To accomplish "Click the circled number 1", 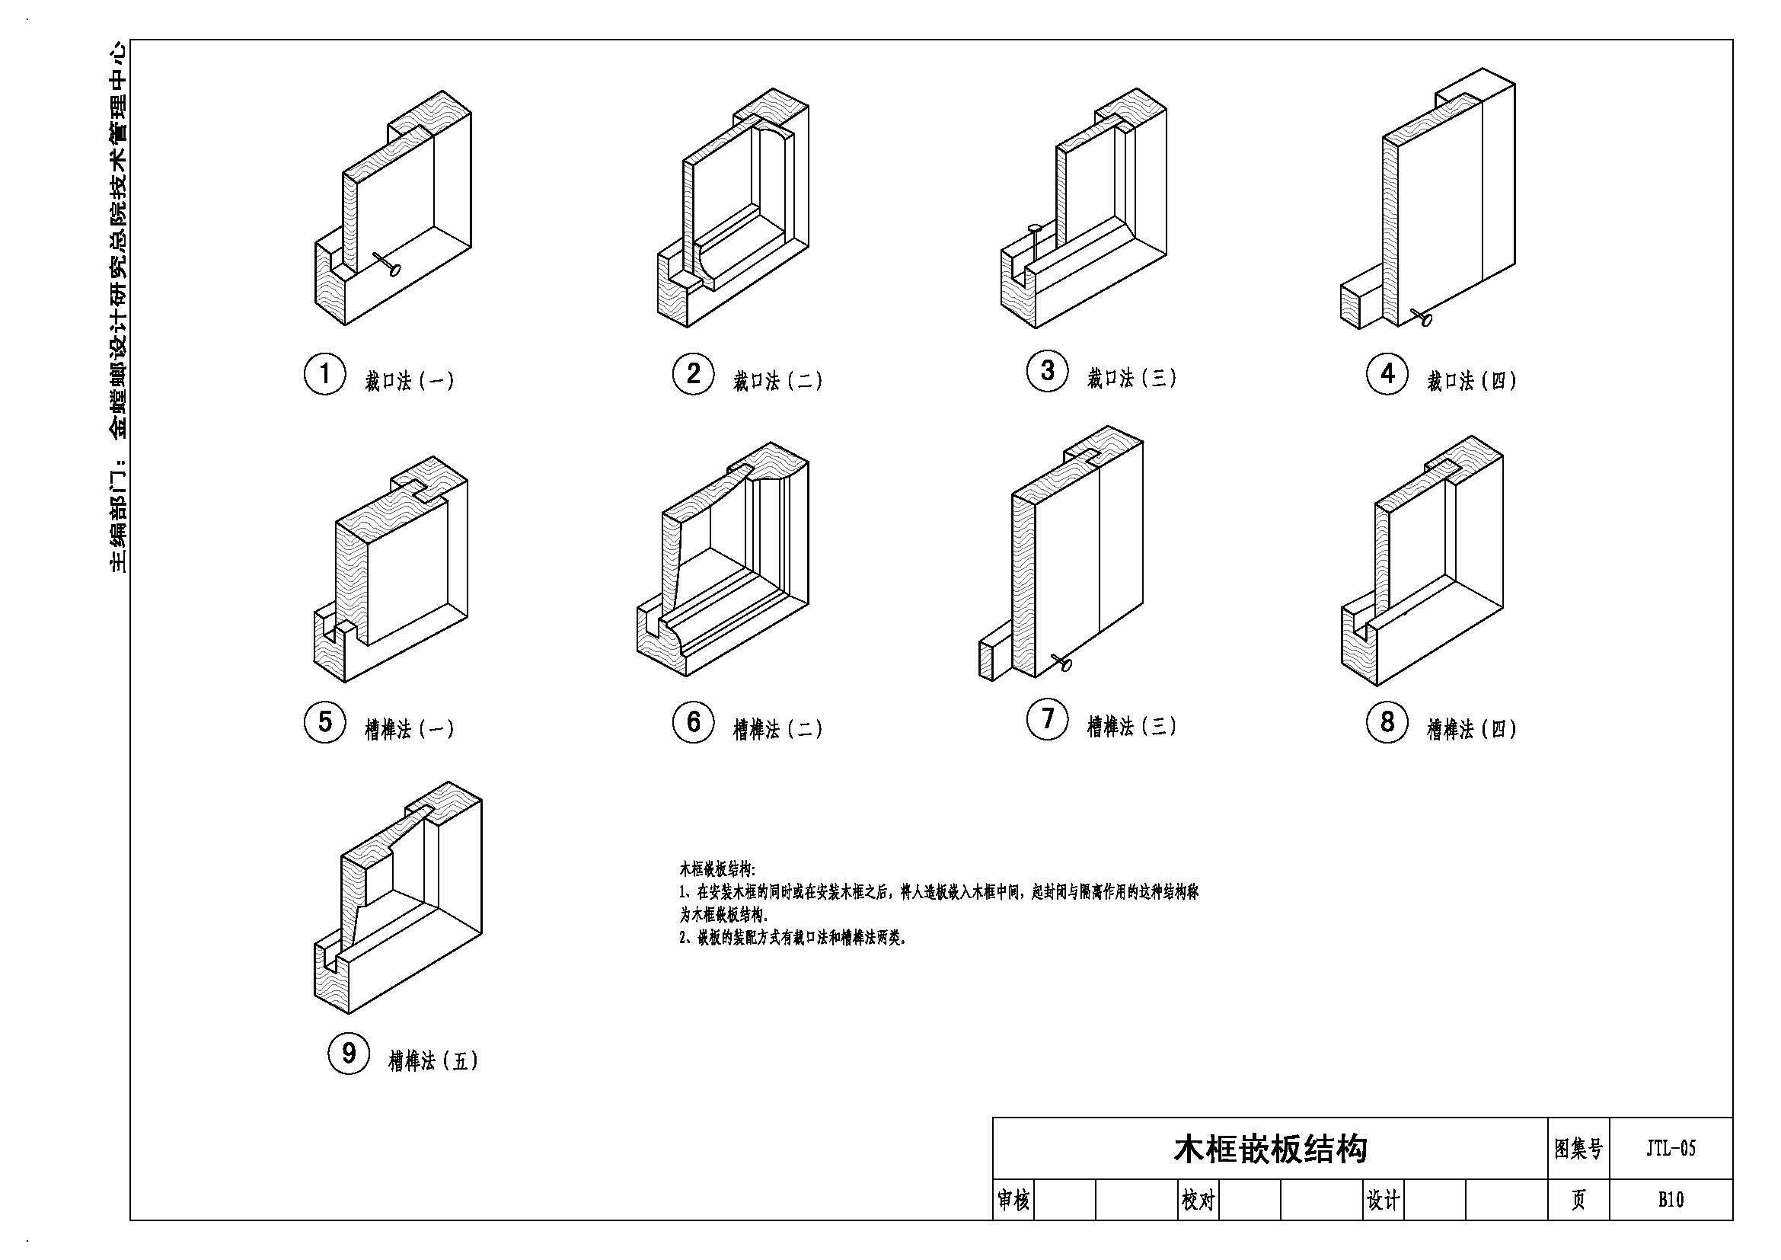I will (324, 374).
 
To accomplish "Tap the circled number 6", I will (693, 722).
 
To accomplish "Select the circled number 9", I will (349, 1054).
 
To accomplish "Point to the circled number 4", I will (1387, 374).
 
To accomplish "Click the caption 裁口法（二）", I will (778, 381).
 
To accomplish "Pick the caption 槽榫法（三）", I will (1131, 726).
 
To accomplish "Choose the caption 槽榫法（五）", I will (433, 1060).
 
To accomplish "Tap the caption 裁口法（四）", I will (1472, 381).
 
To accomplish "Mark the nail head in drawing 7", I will (1066, 665).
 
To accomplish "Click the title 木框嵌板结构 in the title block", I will (1270, 1149).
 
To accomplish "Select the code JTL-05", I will (1671, 1148).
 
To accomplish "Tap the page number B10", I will (1671, 1200).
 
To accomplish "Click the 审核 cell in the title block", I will (1013, 1201).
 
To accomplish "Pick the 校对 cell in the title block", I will (1198, 1201).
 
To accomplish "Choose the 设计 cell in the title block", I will (1383, 1201).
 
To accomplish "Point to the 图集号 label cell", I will (1578, 1148).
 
